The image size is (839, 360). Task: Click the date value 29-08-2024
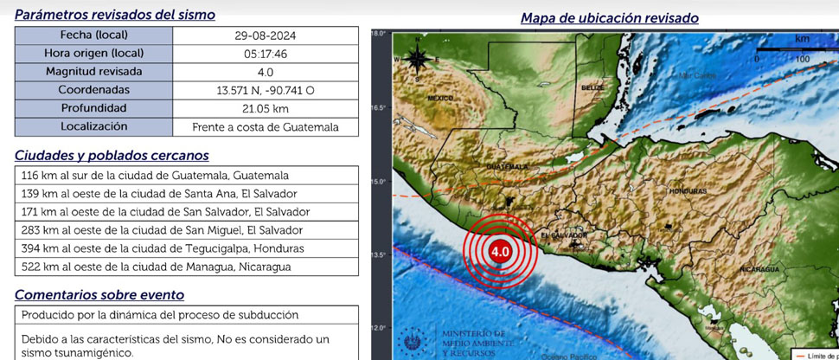coord(265,35)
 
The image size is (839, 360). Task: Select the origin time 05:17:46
coord(265,54)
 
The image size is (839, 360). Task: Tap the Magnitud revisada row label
coord(93,72)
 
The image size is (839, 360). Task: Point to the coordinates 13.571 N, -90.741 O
coord(265,90)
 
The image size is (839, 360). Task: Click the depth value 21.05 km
coord(265,108)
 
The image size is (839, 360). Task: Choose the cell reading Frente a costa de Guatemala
coord(265,127)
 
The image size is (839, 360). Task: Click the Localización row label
coord(93,126)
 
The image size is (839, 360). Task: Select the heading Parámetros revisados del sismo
coord(115,15)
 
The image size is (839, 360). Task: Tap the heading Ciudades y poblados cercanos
coord(112,155)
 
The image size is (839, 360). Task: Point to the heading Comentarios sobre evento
coord(99,294)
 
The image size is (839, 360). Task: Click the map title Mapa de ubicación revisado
coord(610,17)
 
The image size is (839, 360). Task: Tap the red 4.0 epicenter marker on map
coord(499,251)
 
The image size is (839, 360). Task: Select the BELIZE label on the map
coord(592,88)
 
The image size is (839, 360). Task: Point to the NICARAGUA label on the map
coord(761,270)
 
